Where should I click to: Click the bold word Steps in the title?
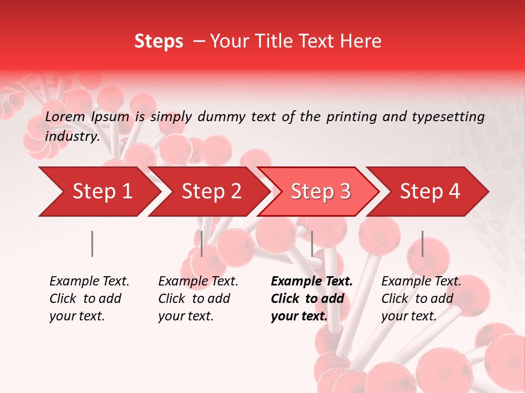tap(159, 41)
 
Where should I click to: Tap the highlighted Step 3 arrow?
tap(320, 192)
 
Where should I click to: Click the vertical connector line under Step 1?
tap(92, 243)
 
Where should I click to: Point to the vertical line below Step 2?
tap(202, 243)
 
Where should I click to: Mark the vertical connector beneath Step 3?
tap(312, 243)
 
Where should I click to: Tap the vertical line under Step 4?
tap(422, 243)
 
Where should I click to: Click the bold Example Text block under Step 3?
tap(312, 299)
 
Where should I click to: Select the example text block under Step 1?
tap(89, 299)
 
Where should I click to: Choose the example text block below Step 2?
tap(198, 299)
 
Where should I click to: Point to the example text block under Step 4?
tap(421, 299)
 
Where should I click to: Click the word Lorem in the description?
tap(65, 117)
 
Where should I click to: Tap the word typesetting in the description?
tap(448, 117)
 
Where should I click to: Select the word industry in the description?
tap(71, 136)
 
